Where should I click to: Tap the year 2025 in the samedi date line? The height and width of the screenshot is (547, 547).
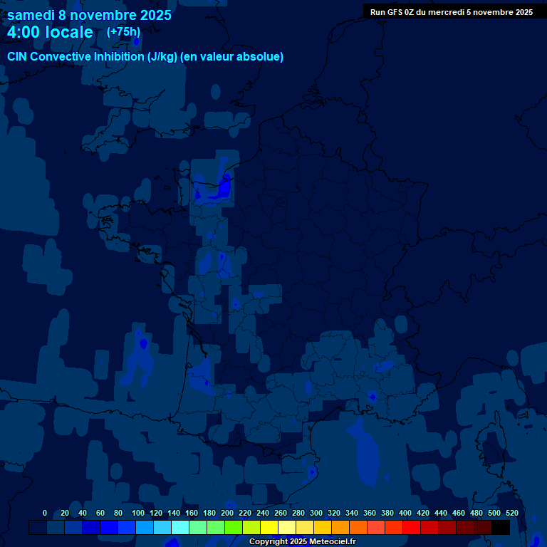[151, 15]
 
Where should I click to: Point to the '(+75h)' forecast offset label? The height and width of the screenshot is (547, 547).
[123, 31]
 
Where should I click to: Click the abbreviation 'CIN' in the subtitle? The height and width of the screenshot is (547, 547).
[18, 56]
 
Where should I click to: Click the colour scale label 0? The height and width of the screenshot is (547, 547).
[45, 513]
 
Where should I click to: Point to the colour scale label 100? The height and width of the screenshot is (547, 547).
[136, 513]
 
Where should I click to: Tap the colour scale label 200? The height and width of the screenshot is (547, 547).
[227, 513]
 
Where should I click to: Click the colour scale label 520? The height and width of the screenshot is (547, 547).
[511, 513]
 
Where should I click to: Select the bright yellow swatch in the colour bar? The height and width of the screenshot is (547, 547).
[269, 527]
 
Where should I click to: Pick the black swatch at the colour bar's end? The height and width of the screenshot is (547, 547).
[500, 527]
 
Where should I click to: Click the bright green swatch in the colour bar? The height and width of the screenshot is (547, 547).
[233, 527]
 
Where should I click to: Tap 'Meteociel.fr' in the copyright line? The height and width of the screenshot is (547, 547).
[333, 541]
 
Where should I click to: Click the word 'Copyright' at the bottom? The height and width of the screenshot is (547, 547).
[268, 541]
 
